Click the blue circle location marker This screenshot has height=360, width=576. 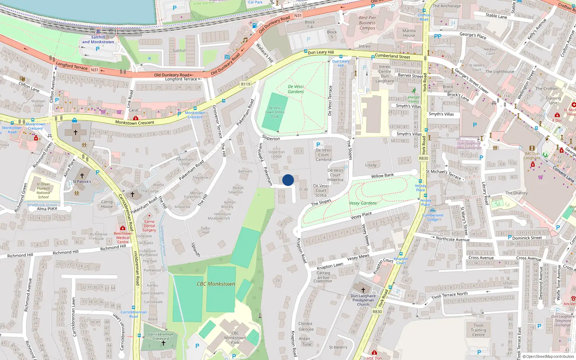pyautogui.click(x=288, y=180)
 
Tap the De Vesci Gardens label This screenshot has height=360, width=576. pyautogui.click(x=296, y=89)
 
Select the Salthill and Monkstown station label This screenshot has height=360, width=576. pyautogui.click(x=98, y=40)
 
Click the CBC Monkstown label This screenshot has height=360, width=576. pyautogui.click(x=216, y=284)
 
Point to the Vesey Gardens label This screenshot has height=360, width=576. pyautogui.click(x=363, y=203)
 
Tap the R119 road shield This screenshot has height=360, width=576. pyautogui.click(x=246, y=84)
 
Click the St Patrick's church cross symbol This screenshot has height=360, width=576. pyautogui.click(x=82, y=176)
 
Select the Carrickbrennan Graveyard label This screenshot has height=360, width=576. pyautogui.click(x=161, y=336)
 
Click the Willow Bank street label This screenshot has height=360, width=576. pyautogui.click(x=382, y=176)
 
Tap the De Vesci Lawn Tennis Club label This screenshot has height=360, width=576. pyautogui.click(x=275, y=112)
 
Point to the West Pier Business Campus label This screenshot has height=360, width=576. pyautogui.click(x=367, y=23)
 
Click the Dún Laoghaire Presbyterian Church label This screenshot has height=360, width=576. pyautogui.click(x=363, y=300)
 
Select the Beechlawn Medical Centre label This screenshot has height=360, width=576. pyautogui.click(x=123, y=238)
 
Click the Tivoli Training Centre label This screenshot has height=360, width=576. pyautogui.click(x=478, y=330)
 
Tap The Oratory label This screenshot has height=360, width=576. pyautogui.click(x=516, y=193)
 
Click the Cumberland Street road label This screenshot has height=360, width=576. pyautogui.click(x=392, y=56)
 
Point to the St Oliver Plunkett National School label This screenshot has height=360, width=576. pyautogui.click(x=43, y=190)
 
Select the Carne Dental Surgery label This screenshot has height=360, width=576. pyautogui.click(x=149, y=226)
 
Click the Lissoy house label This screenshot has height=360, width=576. pyautogui.click(x=371, y=165)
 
